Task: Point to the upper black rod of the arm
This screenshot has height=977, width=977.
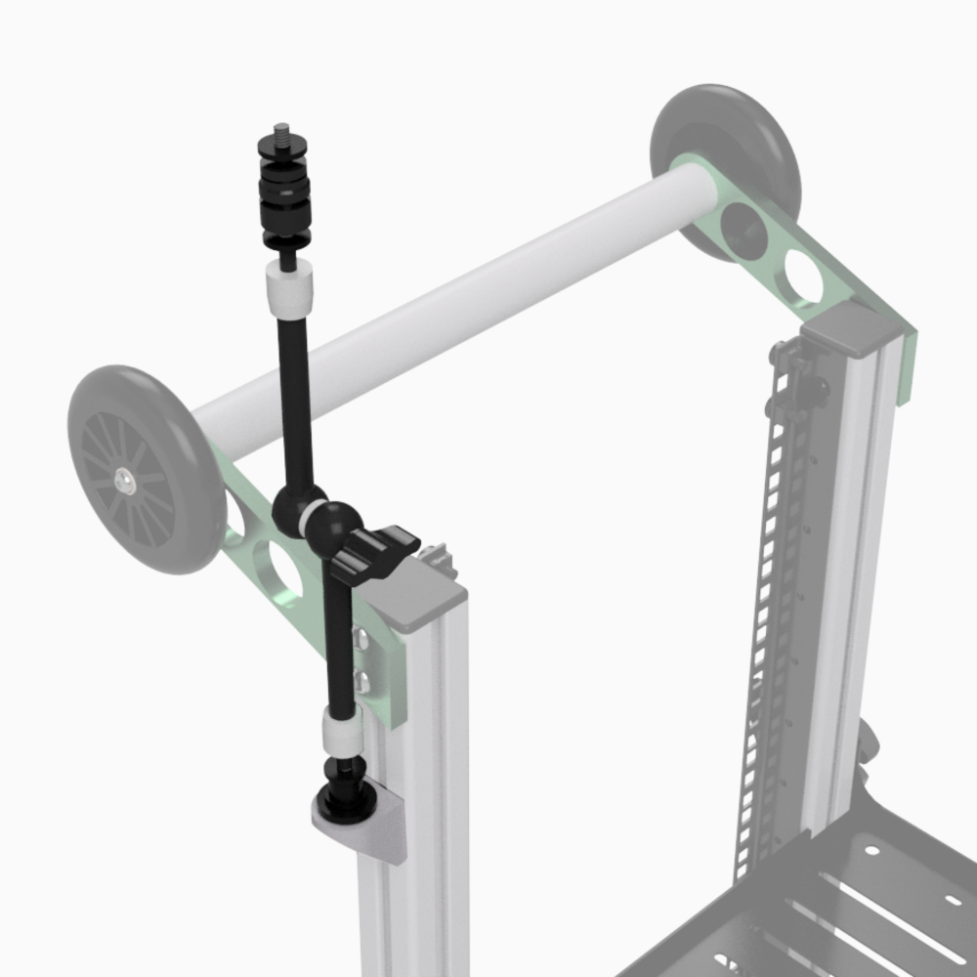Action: [x=294, y=391]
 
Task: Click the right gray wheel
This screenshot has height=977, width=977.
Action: [x=728, y=147]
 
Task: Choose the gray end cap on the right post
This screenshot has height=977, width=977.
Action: [x=850, y=327]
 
